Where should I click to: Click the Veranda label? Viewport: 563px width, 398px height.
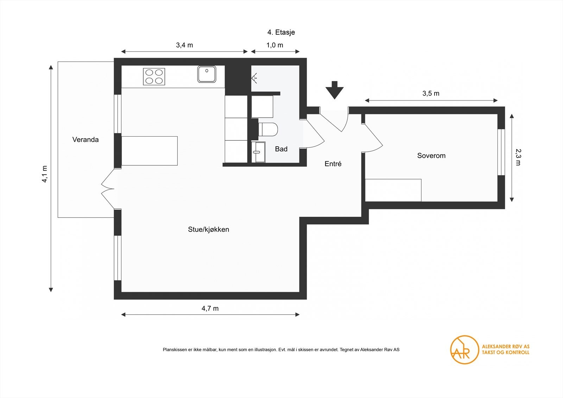tap(86, 140)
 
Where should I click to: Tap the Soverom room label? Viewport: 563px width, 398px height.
tap(431, 156)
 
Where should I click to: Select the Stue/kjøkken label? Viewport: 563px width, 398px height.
tap(209, 229)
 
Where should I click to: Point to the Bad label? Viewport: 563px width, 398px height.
tap(281, 149)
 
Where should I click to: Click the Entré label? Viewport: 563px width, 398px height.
tap(333, 164)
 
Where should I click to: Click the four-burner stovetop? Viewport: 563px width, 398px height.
tap(154, 76)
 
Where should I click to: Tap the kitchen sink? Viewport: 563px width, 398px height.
tap(207, 74)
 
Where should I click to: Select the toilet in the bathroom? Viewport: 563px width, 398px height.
tap(268, 129)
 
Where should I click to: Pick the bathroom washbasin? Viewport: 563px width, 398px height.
tap(258, 152)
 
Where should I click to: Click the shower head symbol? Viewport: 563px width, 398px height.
tap(254, 78)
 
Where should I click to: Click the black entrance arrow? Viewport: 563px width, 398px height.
tap(335, 90)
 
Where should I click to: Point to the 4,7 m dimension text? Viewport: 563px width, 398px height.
tap(210, 309)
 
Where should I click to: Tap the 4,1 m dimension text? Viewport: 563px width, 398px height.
tap(45, 174)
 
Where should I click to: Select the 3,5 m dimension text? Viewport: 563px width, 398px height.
tap(431, 94)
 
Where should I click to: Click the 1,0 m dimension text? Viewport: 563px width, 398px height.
tap(275, 45)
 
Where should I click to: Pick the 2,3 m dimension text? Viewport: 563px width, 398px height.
tap(518, 157)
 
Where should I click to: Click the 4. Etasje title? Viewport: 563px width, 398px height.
tap(281, 32)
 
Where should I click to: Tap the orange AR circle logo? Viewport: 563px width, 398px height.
tap(464, 350)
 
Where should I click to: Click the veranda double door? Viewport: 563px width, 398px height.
tap(108, 189)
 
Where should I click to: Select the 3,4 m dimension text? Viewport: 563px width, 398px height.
tap(184, 45)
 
